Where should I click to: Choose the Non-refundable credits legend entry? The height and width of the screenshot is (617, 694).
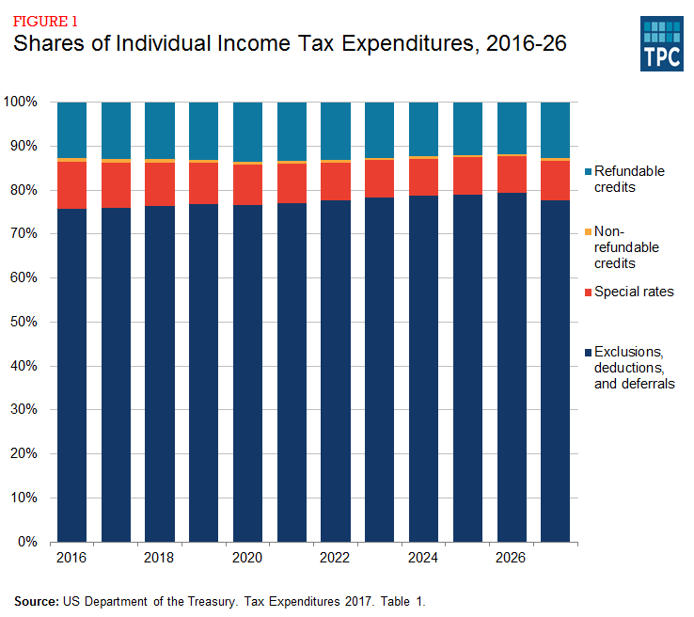pyautogui.click(x=625, y=246)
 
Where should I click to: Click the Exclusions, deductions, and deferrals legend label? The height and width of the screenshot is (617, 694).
pyautogui.click(x=636, y=368)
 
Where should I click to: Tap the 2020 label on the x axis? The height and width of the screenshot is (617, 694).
pyautogui.click(x=247, y=558)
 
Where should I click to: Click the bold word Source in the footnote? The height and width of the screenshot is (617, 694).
pyautogui.click(x=36, y=600)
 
